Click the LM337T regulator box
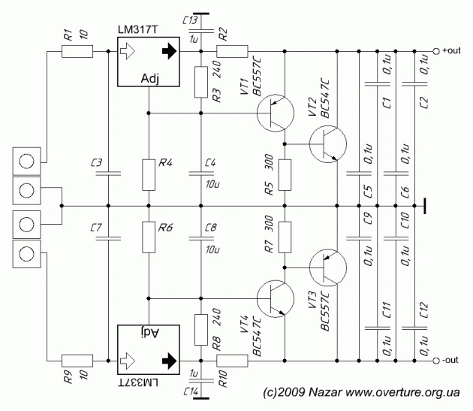point(150,350)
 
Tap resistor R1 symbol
point(77,52)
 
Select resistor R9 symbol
point(77,361)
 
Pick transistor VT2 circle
point(327,144)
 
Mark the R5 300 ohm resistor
point(285,174)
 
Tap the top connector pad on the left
point(28,161)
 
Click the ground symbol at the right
point(425,205)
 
